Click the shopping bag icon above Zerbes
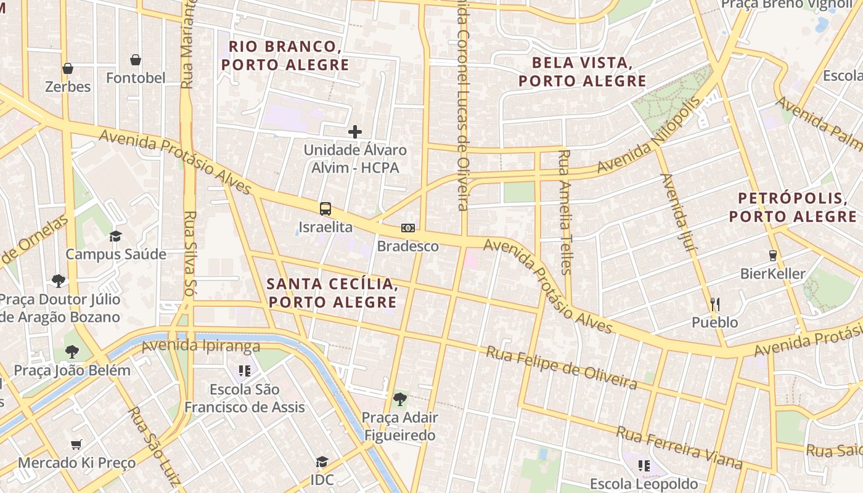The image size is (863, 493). [68, 68]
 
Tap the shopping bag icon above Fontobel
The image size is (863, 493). [136, 60]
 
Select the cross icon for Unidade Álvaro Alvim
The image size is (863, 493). [355, 131]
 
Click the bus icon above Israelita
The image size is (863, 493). [325, 208]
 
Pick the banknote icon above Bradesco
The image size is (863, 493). [407, 228]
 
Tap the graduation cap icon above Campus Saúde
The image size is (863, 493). [115, 236]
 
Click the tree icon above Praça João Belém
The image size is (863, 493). [72, 352]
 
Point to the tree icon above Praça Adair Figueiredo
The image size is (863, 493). [399, 399]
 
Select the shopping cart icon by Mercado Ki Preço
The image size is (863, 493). [76, 444]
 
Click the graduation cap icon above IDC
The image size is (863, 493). [322, 462]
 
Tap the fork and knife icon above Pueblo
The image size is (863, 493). [715, 304]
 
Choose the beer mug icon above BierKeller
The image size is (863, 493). [772, 255]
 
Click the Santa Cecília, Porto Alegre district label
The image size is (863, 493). [332, 293]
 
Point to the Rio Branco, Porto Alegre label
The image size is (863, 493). [285, 55]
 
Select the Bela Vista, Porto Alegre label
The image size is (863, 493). [583, 71]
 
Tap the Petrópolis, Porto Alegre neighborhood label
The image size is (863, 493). [793, 208]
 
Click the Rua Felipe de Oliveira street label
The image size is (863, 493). [561, 367]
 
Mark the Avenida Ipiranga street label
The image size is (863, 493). [201, 346]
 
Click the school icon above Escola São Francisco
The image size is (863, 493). [245, 370]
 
